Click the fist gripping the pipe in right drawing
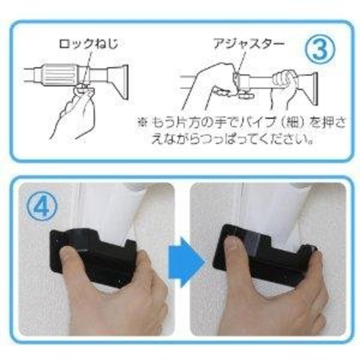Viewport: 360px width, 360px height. point(286,82)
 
